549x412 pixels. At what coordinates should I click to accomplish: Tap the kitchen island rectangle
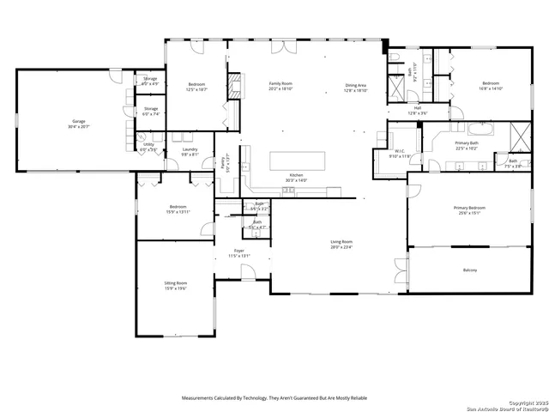pos(298,161)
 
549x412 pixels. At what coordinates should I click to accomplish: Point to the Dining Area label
pos(356,88)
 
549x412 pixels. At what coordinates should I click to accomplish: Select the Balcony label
pos(470,270)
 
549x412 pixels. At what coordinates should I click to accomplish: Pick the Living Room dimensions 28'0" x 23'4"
pos(341,247)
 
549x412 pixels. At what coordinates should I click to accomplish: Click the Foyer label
pos(239,252)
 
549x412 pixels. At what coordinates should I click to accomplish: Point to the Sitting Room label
pos(176,285)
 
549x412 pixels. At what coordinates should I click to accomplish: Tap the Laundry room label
pos(190,151)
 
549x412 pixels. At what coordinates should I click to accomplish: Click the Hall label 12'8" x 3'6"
pos(417,111)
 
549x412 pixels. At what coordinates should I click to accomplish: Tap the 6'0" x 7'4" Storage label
pos(151,111)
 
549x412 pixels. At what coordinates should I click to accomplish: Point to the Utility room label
pos(148,147)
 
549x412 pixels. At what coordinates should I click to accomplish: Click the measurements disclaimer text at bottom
pos(274,398)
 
